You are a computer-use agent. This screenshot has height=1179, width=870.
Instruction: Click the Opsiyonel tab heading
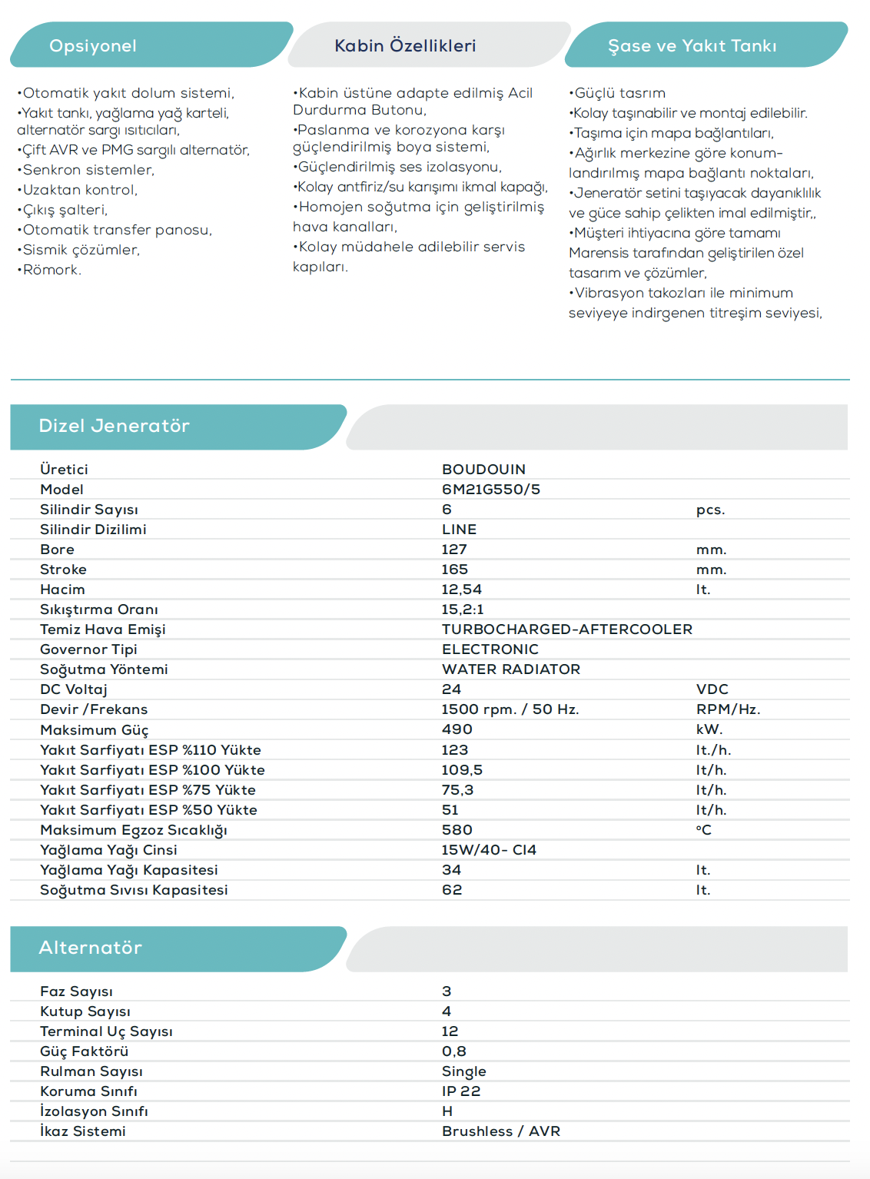pyautogui.click(x=93, y=46)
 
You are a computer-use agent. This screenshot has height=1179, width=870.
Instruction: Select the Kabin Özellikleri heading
pyautogui.click(x=405, y=46)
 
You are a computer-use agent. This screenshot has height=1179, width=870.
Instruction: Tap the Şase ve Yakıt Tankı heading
pyautogui.click(x=692, y=46)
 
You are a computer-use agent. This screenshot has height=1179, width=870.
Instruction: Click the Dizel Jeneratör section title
pyautogui.click(x=114, y=426)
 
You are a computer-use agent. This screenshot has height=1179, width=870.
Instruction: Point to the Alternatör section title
pyautogui.click(x=90, y=948)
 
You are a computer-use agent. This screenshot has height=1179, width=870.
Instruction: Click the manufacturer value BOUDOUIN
pyautogui.click(x=483, y=470)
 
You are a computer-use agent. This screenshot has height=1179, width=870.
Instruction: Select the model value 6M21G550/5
pyautogui.click(x=490, y=490)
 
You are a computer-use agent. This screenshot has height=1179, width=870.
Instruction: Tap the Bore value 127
pyautogui.click(x=454, y=550)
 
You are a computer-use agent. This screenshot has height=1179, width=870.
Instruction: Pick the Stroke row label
pyautogui.click(x=63, y=570)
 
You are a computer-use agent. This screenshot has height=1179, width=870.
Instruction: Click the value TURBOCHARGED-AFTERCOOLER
pyautogui.click(x=566, y=629)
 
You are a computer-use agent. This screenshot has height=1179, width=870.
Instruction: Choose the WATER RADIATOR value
pyautogui.click(x=510, y=669)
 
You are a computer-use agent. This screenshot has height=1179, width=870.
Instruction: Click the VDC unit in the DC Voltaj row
pyautogui.click(x=712, y=689)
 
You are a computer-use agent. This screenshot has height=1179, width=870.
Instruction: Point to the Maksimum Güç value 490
pyautogui.click(x=457, y=729)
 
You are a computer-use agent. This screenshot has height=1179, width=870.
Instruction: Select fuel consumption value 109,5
pyautogui.click(x=462, y=770)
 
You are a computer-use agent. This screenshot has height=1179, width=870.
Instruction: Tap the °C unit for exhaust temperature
pyautogui.click(x=703, y=830)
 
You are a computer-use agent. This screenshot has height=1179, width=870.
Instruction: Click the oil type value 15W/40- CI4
pyautogui.click(x=489, y=850)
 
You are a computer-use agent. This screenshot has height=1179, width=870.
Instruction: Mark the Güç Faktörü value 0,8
pyautogui.click(x=453, y=1051)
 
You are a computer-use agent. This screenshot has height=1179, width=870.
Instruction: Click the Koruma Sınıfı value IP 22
pyautogui.click(x=460, y=1091)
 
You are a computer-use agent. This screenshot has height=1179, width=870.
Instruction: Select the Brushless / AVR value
pyautogui.click(x=500, y=1131)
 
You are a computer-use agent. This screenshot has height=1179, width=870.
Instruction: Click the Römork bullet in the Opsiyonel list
pyautogui.click(x=51, y=270)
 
